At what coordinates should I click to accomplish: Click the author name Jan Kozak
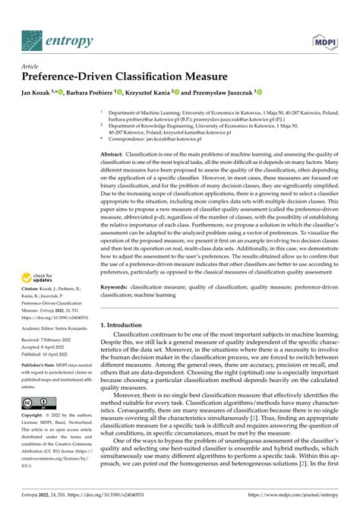(39, 92)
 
